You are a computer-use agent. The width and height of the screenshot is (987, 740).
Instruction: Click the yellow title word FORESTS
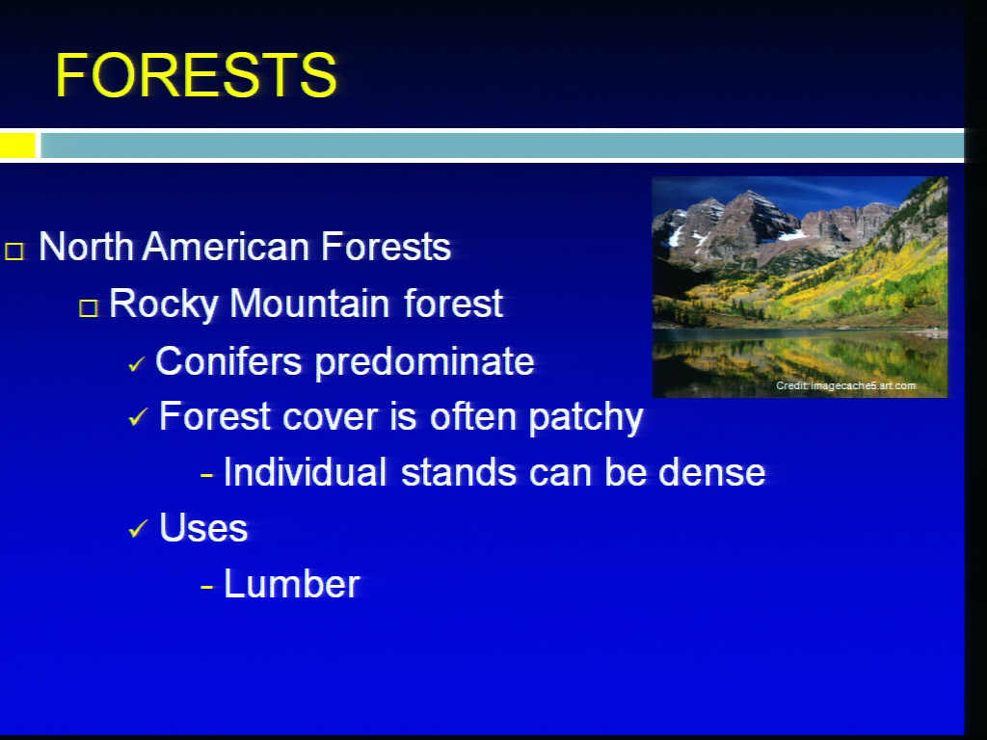[197, 75]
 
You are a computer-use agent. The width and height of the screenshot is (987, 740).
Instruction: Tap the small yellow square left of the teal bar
[17, 145]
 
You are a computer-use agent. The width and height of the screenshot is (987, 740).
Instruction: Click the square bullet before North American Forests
[14, 251]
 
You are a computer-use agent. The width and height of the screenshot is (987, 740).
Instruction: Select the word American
[231, 246]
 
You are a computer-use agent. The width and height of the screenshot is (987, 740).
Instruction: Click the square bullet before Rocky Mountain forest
[89, 307]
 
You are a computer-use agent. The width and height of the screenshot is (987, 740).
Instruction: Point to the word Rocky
[163, 304]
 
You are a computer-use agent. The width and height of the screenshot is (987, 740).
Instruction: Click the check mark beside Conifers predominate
[137, 364]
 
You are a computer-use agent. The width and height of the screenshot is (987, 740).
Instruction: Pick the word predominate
[424, 362]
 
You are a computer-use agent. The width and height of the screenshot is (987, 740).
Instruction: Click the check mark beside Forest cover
[138, 416]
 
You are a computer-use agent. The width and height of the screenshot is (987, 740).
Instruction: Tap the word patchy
[586, 418]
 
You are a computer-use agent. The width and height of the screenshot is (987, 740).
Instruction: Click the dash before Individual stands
[207, 475]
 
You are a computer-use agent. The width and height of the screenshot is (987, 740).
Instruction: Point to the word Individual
[306, 472]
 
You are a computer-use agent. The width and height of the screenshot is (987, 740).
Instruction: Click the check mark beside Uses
[138, 529]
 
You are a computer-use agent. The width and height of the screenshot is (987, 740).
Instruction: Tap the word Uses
[203, 527]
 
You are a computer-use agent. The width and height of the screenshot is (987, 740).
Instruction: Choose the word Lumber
[292, 584]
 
